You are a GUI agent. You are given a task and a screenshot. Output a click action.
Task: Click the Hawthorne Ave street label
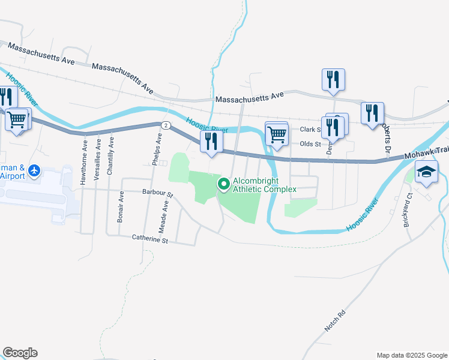coord(84,154)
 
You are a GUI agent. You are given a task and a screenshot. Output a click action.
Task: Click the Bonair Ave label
coord(121,207)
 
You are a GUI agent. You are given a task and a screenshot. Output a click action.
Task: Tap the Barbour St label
coord(158,194)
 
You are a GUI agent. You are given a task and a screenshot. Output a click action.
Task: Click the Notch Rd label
coord(336,321)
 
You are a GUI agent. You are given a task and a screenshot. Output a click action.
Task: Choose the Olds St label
coord(307,144)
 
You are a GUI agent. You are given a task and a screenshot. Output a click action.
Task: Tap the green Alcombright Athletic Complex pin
coord(224,184)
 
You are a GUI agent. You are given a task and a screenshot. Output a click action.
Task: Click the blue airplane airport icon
coord(34,171)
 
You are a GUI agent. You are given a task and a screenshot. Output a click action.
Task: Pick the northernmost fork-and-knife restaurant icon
coord(333,80)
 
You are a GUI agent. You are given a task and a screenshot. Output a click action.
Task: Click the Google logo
coord(20,353)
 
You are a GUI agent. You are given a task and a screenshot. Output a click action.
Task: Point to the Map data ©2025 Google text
coord(411,355)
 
